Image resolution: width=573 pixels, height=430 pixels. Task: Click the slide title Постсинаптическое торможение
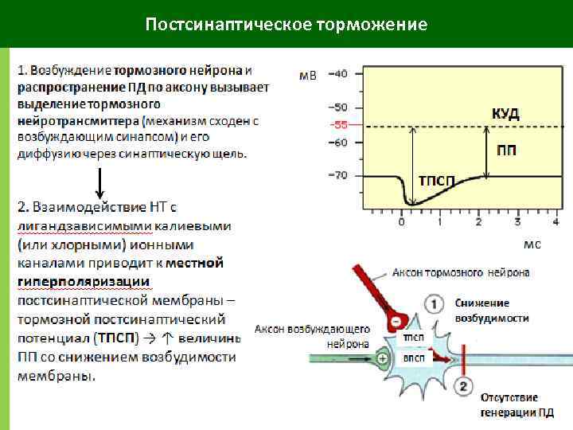click(286, 24)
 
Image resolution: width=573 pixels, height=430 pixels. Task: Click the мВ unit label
click(307, 76)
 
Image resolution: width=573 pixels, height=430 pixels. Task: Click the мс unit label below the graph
click(532, 244)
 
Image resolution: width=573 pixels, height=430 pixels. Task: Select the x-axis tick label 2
click(478, 223)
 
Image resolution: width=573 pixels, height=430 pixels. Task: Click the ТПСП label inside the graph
click(437, 181)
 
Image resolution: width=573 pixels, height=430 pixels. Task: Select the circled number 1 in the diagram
click(434, 304)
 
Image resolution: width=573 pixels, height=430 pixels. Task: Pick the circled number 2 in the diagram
click(464, 387)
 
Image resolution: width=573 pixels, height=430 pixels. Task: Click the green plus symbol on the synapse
click(384, 358)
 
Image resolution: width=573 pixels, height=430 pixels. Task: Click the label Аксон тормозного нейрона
click(460, 273)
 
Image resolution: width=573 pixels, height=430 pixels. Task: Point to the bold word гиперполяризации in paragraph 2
click(84, 281)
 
